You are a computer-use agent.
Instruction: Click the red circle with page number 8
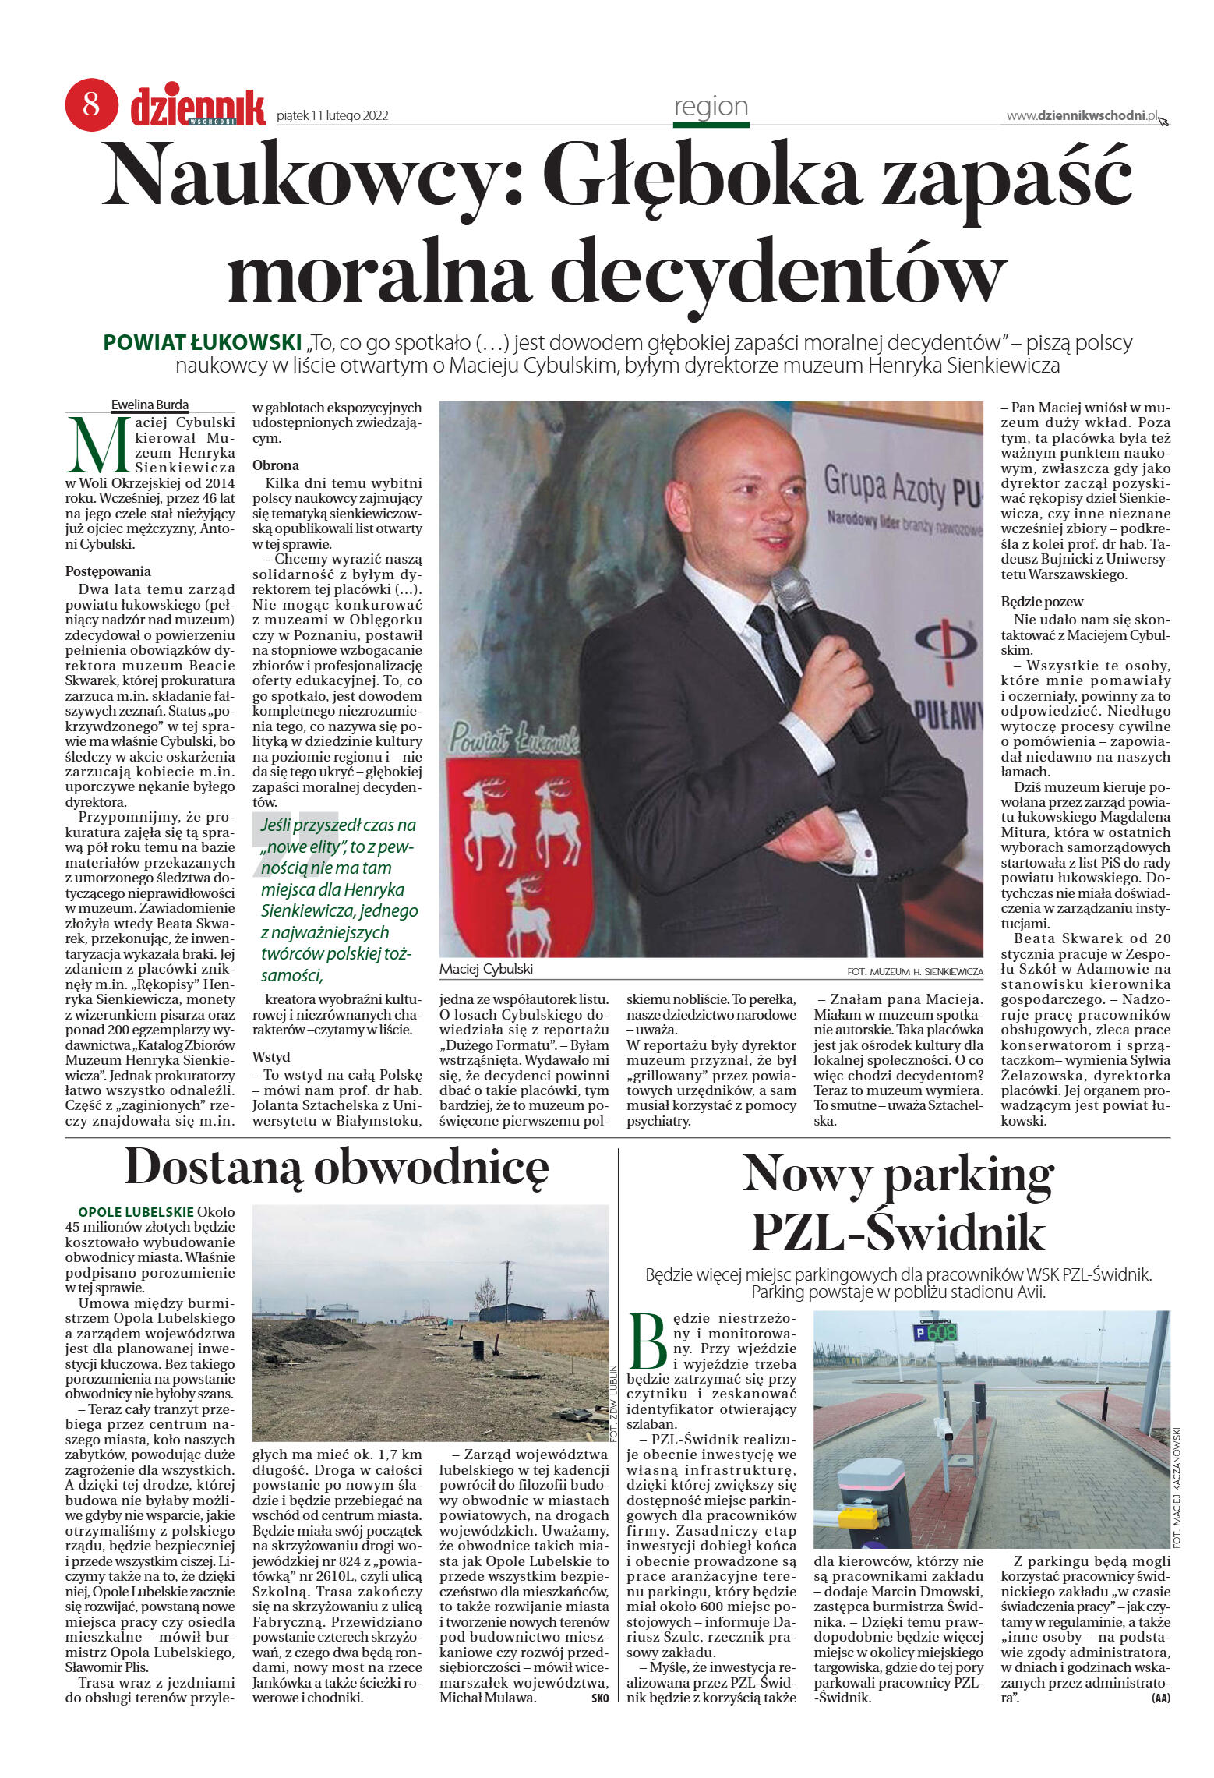[91, 104]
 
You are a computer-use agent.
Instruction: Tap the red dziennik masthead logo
[198, 107]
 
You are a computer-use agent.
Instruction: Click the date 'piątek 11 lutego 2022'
[333, 116]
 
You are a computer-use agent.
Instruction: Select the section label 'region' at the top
[711, 106]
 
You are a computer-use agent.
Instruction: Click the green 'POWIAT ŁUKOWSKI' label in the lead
[203, 342]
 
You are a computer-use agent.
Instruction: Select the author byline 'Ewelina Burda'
[150, 405]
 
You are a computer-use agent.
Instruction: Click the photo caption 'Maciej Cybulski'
[486, 969]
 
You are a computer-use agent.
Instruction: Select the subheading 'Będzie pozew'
[1042, 602]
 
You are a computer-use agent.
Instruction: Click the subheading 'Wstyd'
[271, 1057]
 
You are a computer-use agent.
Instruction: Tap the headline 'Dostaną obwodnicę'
[337, 1168]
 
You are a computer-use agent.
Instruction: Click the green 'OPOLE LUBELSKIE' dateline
[136, 1212]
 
